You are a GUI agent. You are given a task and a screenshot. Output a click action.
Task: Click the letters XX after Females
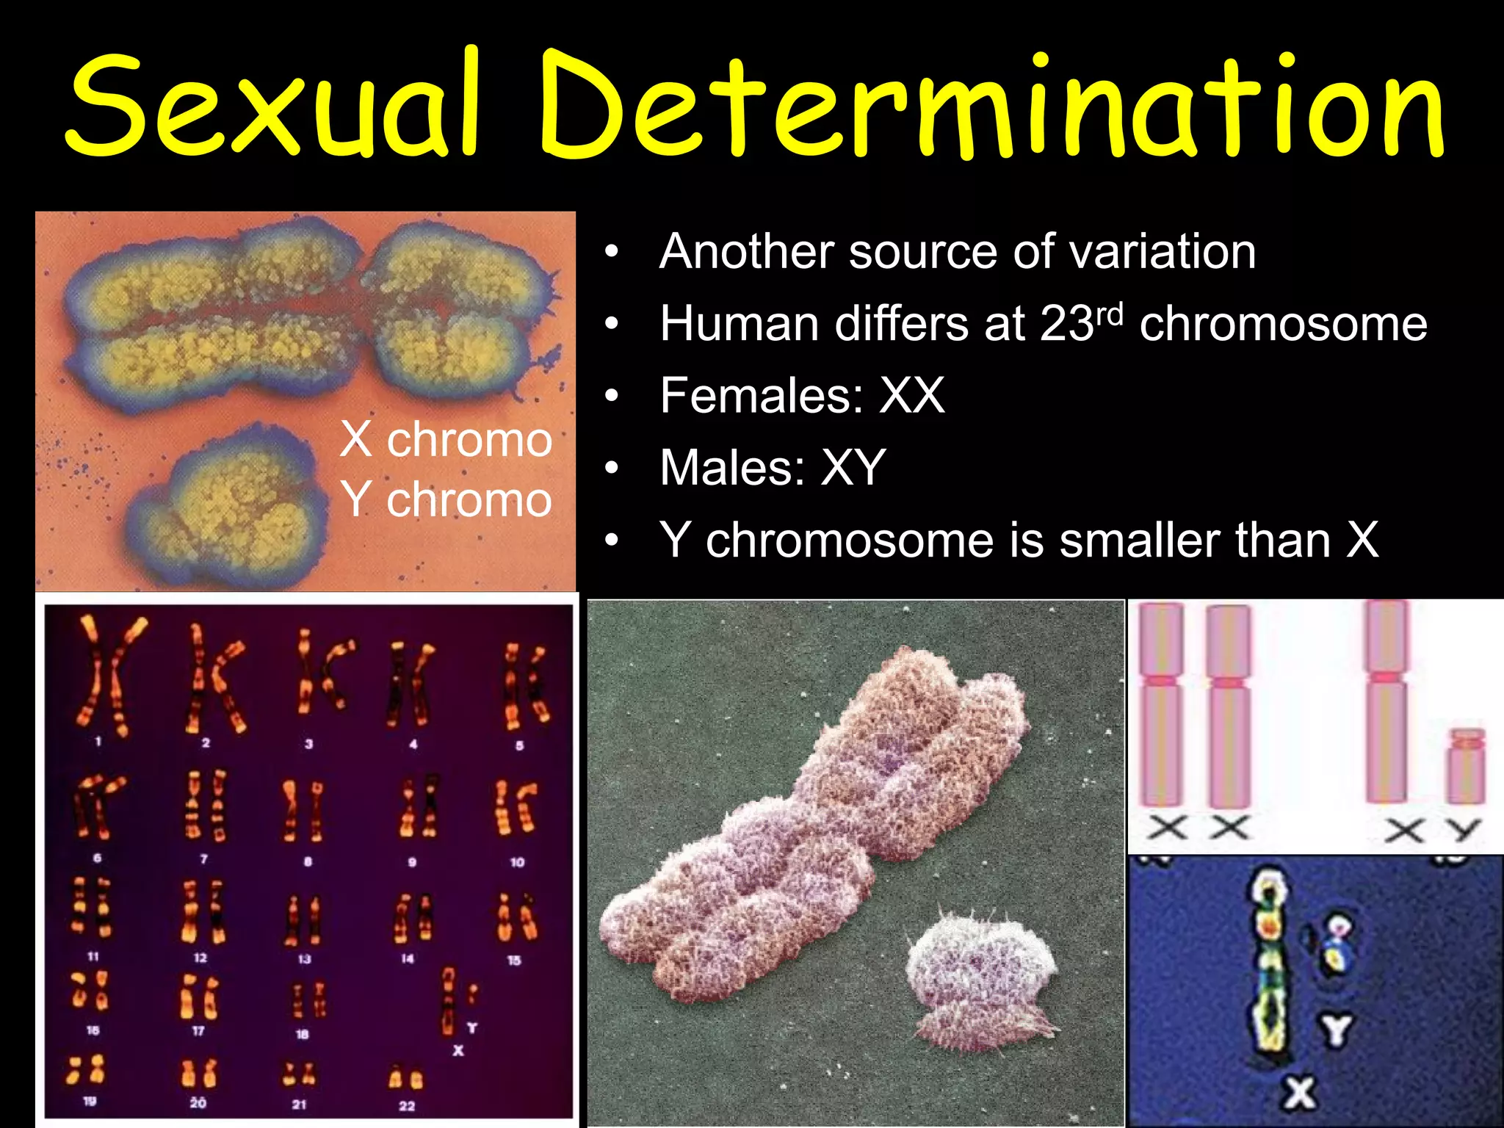(912, 396)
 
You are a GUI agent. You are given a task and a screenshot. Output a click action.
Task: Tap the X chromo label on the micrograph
(446, 440)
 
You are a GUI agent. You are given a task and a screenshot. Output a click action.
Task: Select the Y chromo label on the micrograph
(446, 499)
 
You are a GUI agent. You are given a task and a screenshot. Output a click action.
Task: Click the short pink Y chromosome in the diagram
(1466, 767)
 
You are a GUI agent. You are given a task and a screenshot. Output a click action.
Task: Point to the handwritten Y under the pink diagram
(1463, 830)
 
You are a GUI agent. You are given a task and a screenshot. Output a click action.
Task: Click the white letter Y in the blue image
(1337, 1030)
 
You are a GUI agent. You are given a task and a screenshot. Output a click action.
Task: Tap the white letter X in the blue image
(1300, 1092)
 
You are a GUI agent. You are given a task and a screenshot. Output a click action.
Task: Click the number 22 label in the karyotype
(407, 1106)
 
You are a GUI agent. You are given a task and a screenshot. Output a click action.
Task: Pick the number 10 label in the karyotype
(517, 862)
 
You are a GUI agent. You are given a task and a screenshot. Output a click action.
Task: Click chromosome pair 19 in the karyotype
(87, 1070)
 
